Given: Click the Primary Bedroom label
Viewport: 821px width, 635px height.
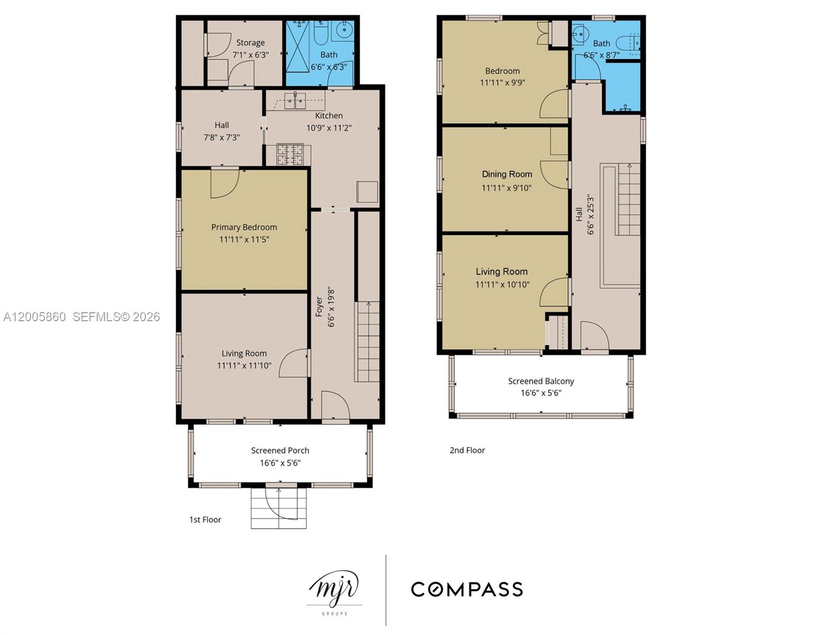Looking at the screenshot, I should pyautogui.click(x=244, y=227).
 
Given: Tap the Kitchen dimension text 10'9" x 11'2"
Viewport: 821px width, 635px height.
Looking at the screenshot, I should pyautogui.click(x=329, y=128).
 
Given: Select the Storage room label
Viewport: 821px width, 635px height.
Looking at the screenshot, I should pyautogui.click(x=250, y=42).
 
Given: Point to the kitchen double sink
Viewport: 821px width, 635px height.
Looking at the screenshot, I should pyautogui.click(x=295, y=100).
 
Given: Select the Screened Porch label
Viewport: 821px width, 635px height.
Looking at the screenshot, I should pyautogui.click(x=280, y=450).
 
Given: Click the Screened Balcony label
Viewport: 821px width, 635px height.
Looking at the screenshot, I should pyautogui.click(x=541, y=381).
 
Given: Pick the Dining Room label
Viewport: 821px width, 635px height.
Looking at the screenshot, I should pyautogui.click(x=507, y=174).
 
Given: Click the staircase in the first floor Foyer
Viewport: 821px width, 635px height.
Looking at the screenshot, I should pyautogui.click(x=367, y=341).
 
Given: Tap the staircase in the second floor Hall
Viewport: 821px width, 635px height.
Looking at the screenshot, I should pyautogui.click(x=629, y=199).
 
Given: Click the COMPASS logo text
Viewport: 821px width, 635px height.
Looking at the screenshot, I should pyautogui.click(x=467, y=589).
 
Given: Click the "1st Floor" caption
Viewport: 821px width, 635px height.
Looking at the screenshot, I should pyautogui.click(x=205, y=520).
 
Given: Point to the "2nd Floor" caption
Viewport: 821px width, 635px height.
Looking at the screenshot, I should pyautogui.click(x=467, y=450).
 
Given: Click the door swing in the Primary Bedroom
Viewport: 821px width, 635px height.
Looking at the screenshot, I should pyautogui.click(x=224, y=183).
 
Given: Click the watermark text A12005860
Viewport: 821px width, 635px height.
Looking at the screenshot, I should pyautogui.click(x=35, y=316).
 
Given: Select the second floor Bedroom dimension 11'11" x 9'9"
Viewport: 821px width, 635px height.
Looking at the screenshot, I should pyautogui.click(x=502, y=83).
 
